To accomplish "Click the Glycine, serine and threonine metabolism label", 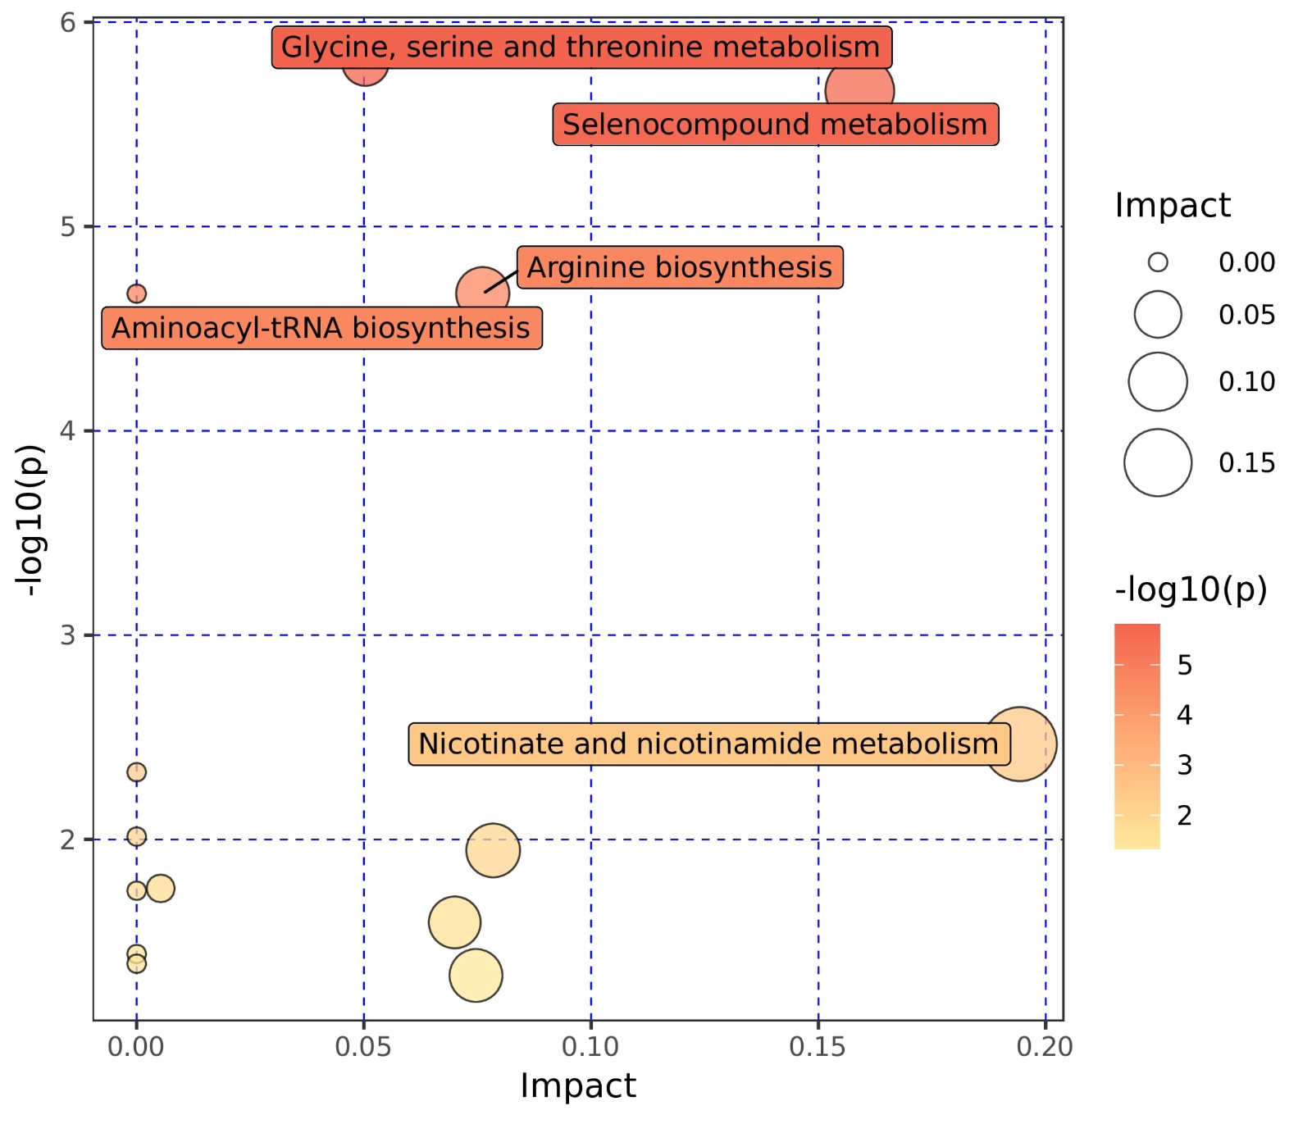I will [x=581, y=48].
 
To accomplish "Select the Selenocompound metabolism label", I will [x=775, y=125].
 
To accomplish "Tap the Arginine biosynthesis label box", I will [x=679, y=267].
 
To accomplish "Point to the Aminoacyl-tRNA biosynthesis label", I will [x=321, y=328].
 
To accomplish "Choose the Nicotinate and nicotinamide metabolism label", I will [x=708, y=744].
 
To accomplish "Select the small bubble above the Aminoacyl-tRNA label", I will [x=136, y=294].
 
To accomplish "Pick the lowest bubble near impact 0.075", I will [x=476, y=976].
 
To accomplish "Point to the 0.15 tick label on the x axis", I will [x=817, y=1047].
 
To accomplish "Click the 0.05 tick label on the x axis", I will [x=363, y=1047].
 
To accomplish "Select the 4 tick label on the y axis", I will [x=68, y=430].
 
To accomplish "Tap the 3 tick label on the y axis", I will [x=68, y=635].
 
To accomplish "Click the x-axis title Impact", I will [x=578, y=1086].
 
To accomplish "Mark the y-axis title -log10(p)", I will [x=30, y=520].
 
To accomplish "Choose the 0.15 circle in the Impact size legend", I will [x=1157, y=463].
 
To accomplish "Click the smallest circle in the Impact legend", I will [x=1157, y=262].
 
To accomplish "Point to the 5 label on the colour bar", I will [x=1184, y=665].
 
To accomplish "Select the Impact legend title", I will [x=1173, y=206].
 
